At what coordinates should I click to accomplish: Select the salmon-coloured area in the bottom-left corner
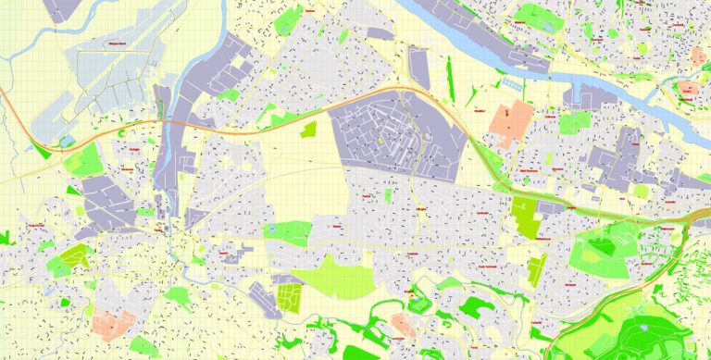pyautogui.click(x=111, y=324)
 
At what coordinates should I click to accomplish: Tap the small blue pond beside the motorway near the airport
pyautogui.click(x=64, y=142)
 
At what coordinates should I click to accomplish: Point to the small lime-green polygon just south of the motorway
pyautogui.click(x=308, y=130)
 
